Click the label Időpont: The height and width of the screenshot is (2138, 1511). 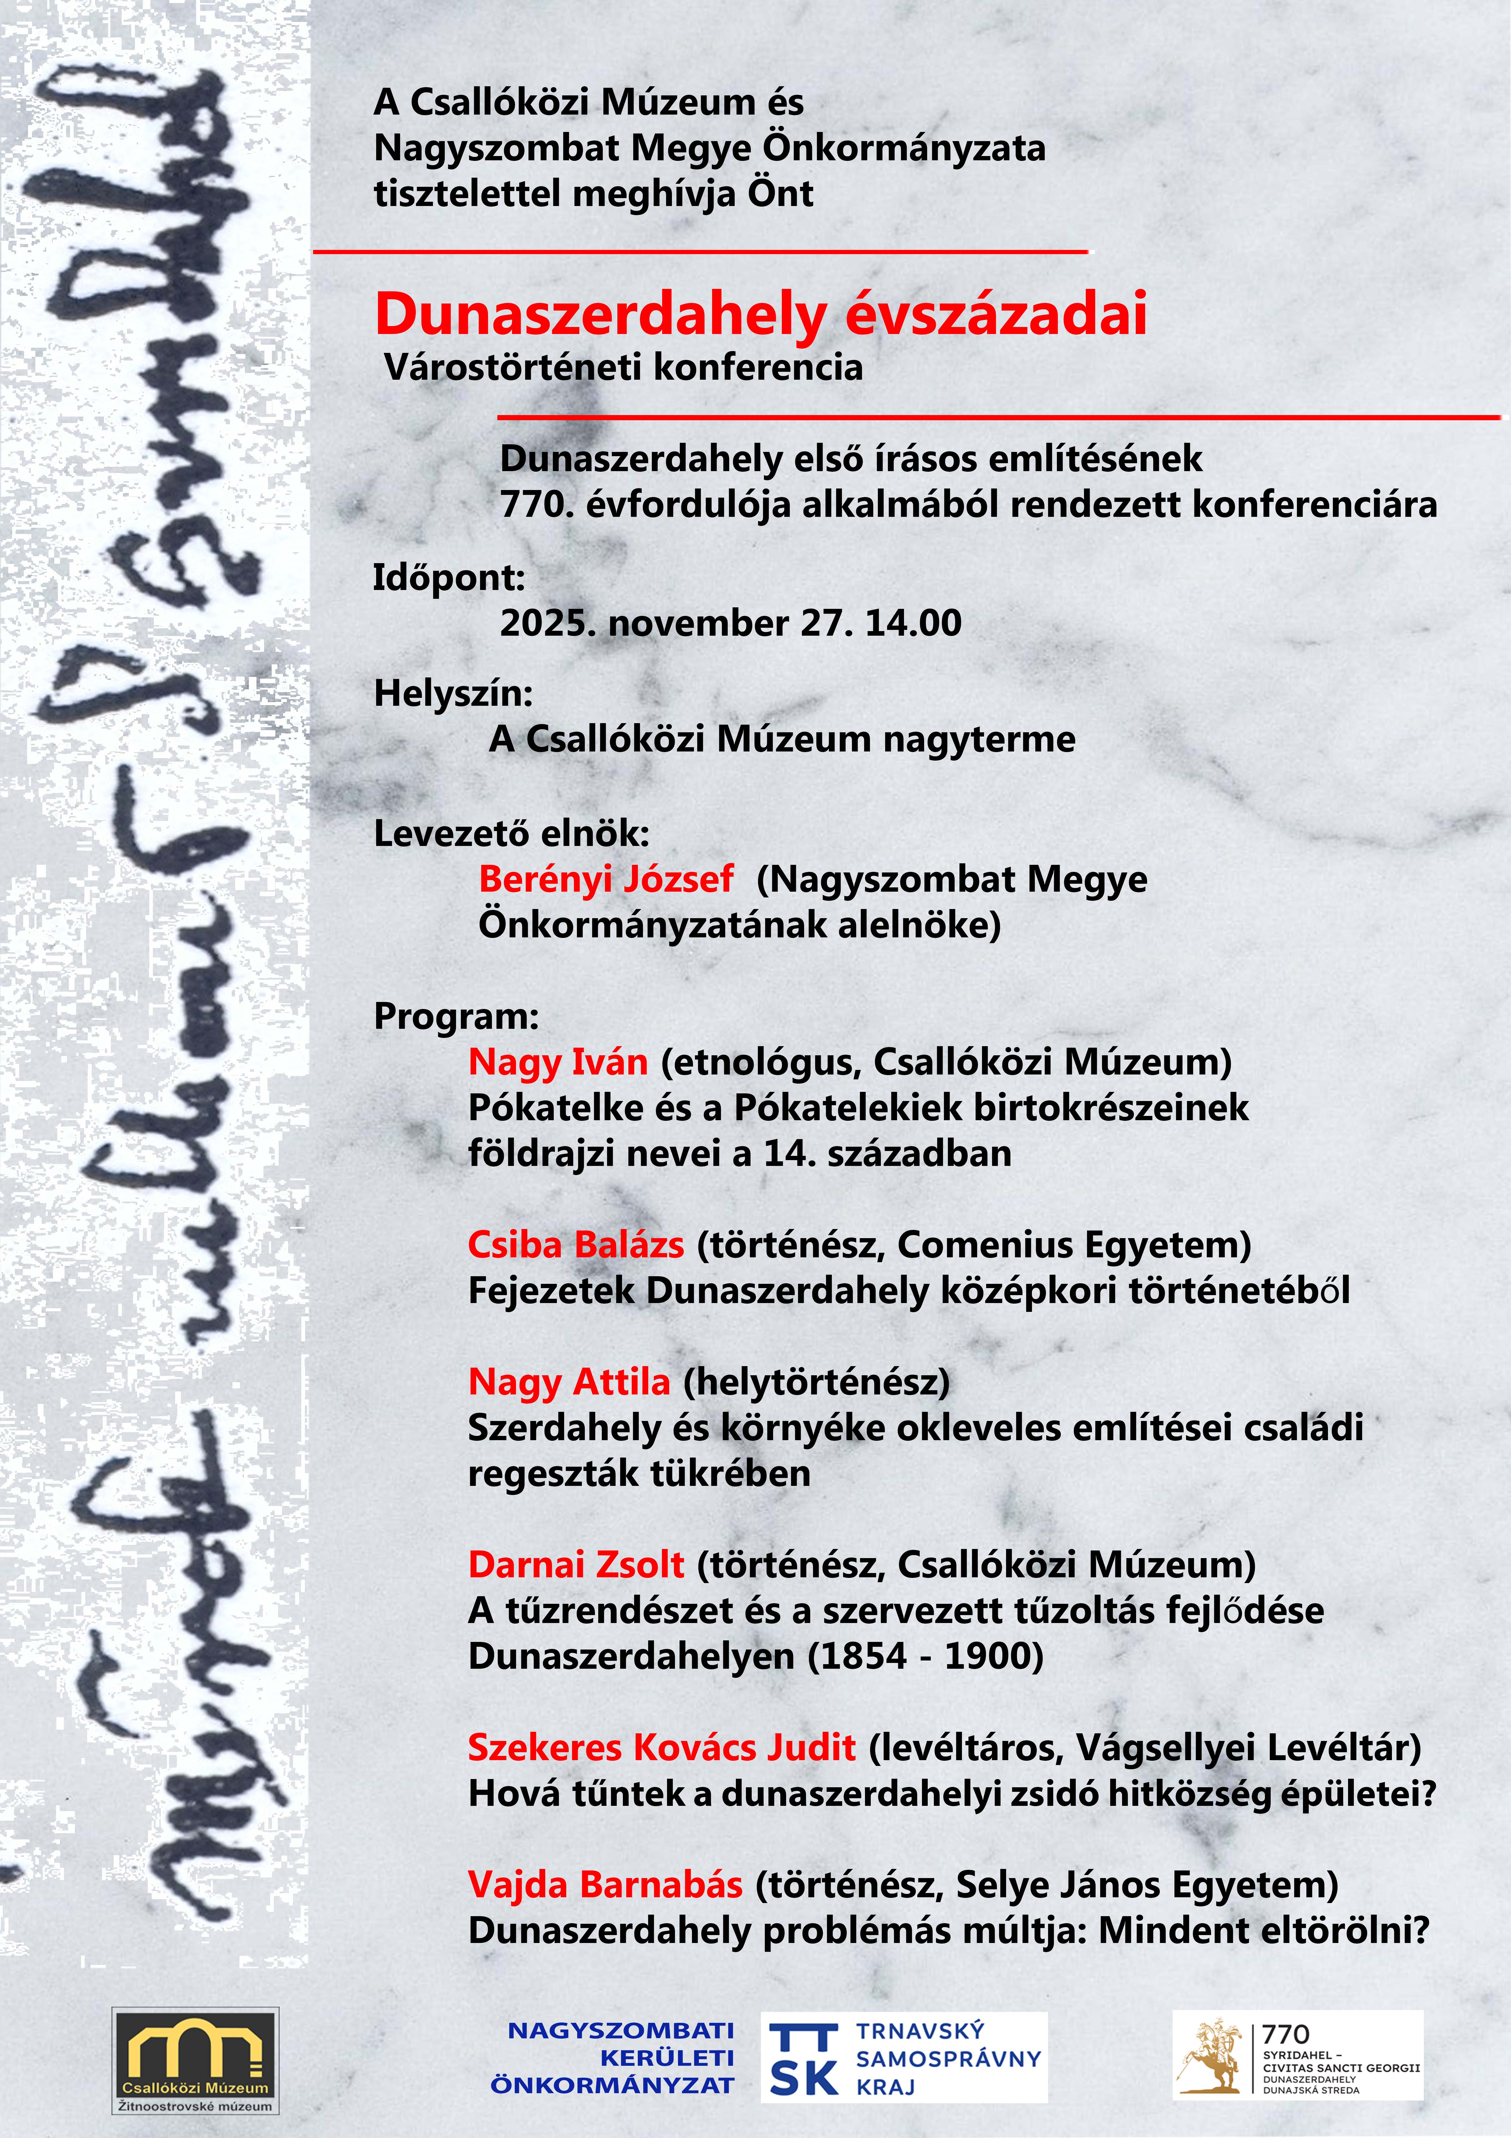click(x=449, y=577)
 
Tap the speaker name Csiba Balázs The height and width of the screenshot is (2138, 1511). click(x=575, y=1245)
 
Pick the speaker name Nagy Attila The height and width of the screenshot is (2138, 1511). click(x=569, y=1382)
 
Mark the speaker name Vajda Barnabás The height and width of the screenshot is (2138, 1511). click(x=605, y=1885)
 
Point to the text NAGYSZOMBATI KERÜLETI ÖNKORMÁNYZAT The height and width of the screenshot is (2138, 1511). click(x=614, y=2058)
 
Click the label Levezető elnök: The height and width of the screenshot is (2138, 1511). click(x=511, y=833)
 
